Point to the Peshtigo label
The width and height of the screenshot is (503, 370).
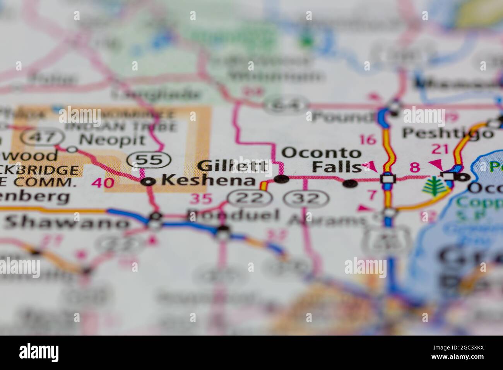pos(448,133)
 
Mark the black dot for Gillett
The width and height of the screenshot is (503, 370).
pos(281,179)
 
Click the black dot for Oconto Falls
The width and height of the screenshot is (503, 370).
pos(351,184)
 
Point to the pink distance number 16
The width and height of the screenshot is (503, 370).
pos(368,139)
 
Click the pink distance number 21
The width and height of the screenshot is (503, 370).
pos(440,149)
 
